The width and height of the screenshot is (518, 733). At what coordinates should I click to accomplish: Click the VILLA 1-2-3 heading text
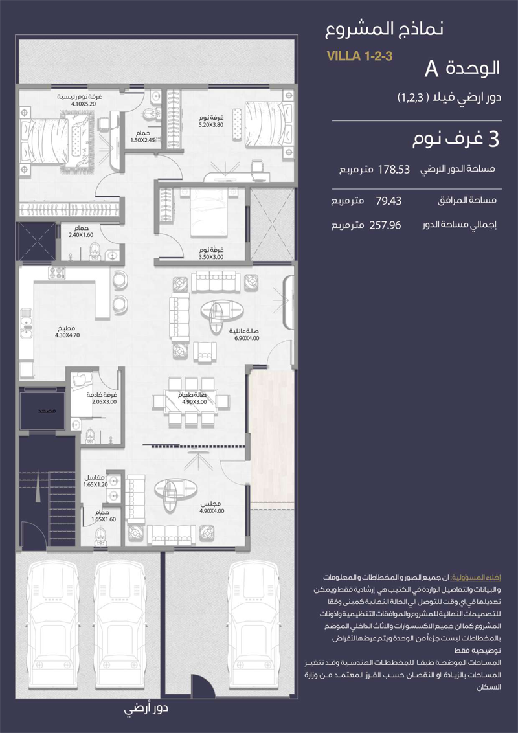(x=359, y=56)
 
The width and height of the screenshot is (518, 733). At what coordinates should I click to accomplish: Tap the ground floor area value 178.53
(x=394, y=169)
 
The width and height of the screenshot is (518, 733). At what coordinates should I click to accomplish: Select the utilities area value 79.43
(x=388, y=201)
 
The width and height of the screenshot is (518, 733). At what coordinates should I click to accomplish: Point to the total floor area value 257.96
(x=385, y=225)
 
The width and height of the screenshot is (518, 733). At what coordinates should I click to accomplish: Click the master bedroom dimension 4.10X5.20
(x=84, y=104)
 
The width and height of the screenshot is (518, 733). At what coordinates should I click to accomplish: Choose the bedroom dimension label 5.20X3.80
(x=211, y=125)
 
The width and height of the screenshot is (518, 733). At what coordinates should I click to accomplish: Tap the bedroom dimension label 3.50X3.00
(x=211, y=256)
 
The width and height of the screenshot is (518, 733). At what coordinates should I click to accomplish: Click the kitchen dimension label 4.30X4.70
(x=68, y=335)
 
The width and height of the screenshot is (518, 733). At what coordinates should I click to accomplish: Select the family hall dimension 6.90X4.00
(x=247, y=338)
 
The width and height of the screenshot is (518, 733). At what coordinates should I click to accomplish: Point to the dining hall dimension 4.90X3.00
(x=194, y=402)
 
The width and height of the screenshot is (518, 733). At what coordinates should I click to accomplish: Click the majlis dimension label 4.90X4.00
(x=212, y=511)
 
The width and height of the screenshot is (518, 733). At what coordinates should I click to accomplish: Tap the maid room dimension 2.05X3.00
(x=104, y=401)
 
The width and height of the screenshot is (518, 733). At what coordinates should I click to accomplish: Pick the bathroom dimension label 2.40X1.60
(x=82, y=235)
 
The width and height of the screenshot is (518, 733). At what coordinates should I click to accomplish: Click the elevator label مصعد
(x=47, y=411)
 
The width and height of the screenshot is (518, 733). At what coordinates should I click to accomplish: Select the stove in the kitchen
(x=57, y=273)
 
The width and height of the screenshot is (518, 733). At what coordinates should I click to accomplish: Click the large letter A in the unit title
(x=431, y=69)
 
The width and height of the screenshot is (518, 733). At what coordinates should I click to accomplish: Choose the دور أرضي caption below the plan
(x=146, y=708)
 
